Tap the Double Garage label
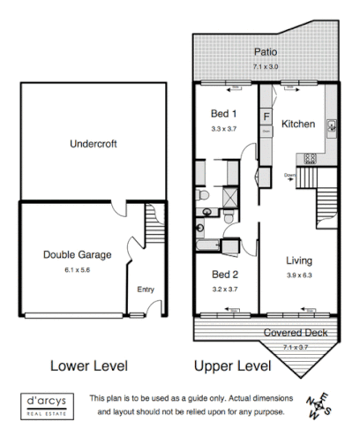point(77,255)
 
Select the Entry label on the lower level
point(146,290)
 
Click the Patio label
point(266,53)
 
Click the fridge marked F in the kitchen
point(266,116)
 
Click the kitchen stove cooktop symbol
point(310,159)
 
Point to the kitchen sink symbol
point(331,124)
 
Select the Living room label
point(300,260)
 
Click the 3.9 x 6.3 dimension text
point(300,274)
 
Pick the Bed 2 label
point(224,274)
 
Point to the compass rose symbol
point(321,406)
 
